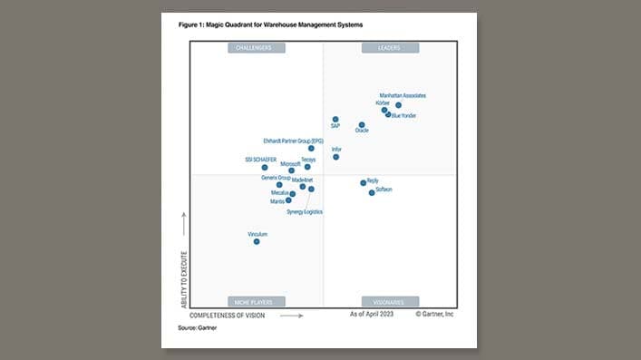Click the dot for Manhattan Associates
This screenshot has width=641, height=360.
point(398,105)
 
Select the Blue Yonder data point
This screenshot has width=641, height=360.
point(388,114)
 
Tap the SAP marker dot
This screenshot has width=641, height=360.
point(335,119)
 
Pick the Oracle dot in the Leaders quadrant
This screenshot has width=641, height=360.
point(362,125)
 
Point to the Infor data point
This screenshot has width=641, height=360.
point(335,157)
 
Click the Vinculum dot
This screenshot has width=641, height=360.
point(257,241)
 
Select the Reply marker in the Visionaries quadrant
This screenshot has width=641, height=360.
point(364,182)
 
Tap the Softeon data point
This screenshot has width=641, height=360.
point(372,192)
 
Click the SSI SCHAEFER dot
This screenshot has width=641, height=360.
point(265,167)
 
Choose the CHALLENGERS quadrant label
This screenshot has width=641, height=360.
point(256,47)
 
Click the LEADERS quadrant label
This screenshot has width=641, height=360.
point(390,47)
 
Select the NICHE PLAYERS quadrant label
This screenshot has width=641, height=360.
point(256,301)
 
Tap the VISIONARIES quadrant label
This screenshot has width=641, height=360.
point(390,301)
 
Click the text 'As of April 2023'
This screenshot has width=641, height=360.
point(371,314)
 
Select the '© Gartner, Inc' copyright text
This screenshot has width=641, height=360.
point(435,314)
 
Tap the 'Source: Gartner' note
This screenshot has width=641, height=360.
point(197,326)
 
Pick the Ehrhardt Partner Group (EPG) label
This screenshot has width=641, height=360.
point(293,141)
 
